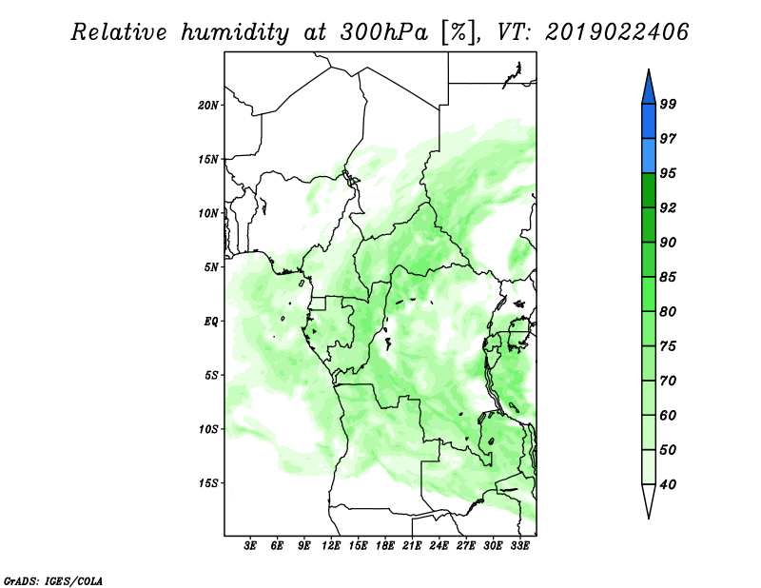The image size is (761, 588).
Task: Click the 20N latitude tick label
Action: pyautogui.click(x=208, y=105)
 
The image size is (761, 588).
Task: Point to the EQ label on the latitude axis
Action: pyautogui.click(x=210, y=322)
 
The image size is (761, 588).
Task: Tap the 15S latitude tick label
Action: pyautogui.click(x=208, y=483)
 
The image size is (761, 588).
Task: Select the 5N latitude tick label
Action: pyautogui.click(x=211, y=267)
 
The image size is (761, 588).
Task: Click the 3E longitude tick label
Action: pyautogui.click(x=250, y=545)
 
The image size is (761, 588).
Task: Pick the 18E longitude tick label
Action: pyautogui.click(x=385, y=545)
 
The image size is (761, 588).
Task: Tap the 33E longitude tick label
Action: pyautogui.click(x=519, y=545)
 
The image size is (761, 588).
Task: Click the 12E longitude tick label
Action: pyautogui.click(x=331, y=545)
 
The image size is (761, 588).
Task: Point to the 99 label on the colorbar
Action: pyautogui.click(x=668, y=104)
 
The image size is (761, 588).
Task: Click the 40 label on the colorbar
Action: pyautogui.click(x=668, y=484)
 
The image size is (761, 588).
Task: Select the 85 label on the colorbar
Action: pyautogui.click(x=668, y=277)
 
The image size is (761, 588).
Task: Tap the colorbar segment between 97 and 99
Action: pyautogui.click(x=649, y=122)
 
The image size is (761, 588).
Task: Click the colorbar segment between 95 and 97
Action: pyautogui.click(x=649, y=156)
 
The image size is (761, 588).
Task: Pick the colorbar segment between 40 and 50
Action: pyautogui.click(x=649, y=467)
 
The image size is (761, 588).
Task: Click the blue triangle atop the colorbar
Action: pyautogui.click(x=649, y=89)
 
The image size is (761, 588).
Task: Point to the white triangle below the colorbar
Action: pyautogui.click(x=649, y=500)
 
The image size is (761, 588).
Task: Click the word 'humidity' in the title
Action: pyautogui.click(x=235, y=33)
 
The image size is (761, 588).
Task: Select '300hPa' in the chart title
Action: pyautogui.click(x=384, y=32)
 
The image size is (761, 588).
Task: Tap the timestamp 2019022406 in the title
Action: pyautogui.click(x=616, y=32)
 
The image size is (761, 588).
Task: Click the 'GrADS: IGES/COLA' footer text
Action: pyautogui.click(x=53, y=581)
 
